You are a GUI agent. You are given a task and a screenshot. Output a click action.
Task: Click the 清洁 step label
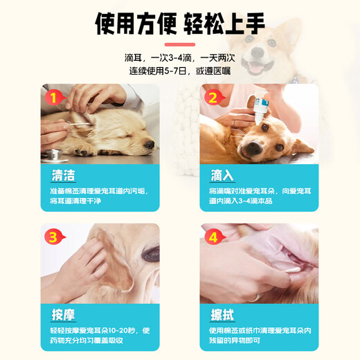coord(62,172)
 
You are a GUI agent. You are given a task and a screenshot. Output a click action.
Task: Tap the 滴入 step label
coord(222,172)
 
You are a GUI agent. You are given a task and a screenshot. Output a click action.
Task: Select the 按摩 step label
coord(62,313)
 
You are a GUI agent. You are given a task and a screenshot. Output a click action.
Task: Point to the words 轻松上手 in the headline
coord(224,25)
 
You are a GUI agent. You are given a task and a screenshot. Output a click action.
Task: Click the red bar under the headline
coord(179,44)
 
